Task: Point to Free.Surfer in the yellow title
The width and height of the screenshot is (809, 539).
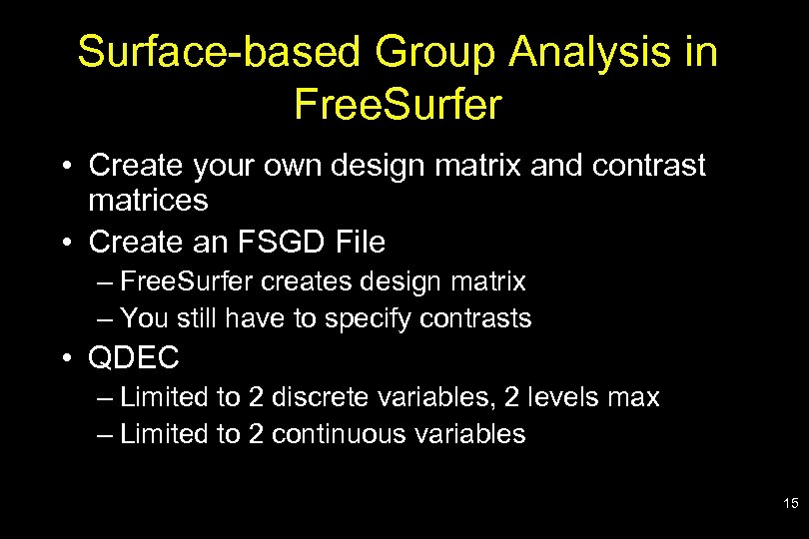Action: click(398, 105)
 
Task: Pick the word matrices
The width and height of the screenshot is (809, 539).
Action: click(148, 200)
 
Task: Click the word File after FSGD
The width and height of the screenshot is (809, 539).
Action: click(362, 242)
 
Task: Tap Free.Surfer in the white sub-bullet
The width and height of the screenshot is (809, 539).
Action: click(187, 282)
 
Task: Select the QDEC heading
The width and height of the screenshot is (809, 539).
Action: click(134, 358)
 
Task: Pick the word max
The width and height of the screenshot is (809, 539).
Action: click(634, 397)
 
